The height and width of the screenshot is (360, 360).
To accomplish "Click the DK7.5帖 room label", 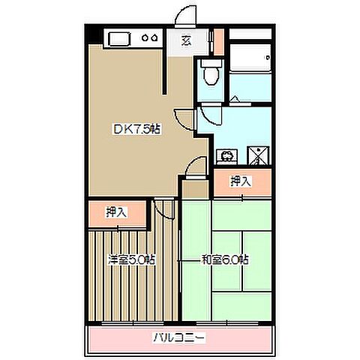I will (136, 128).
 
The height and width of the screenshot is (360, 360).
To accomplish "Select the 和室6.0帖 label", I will (224, 260).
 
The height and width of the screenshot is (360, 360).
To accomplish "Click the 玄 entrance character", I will (184, 41).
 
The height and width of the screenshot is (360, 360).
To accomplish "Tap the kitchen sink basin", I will (120, 37).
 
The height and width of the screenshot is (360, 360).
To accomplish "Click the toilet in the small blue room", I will (211, 72).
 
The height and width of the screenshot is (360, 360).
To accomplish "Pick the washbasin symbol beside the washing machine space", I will (226, 157).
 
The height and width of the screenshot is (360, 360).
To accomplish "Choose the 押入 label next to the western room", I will (115, 212).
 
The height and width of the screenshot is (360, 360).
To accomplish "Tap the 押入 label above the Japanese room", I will (240, 181).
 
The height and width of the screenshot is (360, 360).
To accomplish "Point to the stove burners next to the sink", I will (151, 38).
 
